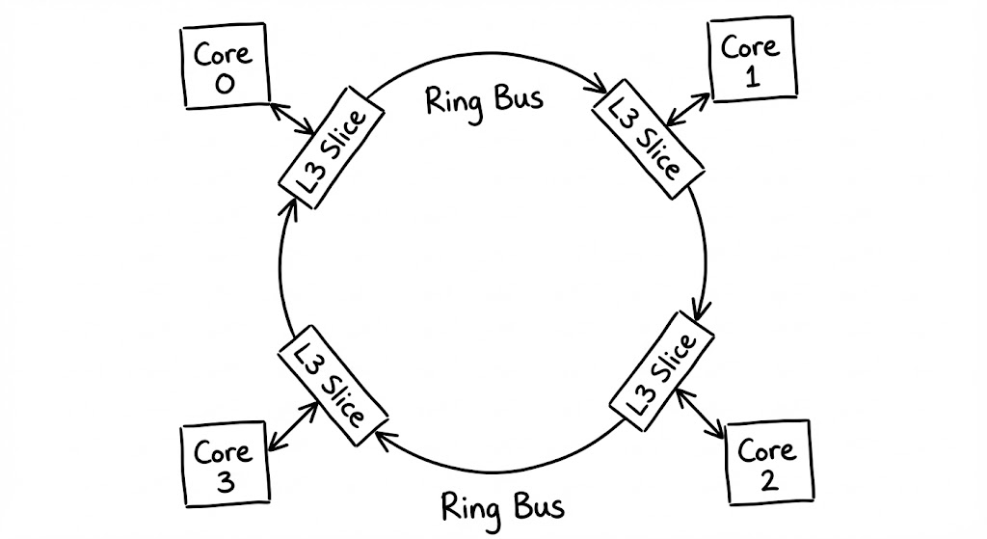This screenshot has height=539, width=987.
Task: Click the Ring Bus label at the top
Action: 484,98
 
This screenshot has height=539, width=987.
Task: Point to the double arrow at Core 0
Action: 288,118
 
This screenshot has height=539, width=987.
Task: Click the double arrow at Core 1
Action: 688,106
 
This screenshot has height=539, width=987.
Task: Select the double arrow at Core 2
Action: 703,415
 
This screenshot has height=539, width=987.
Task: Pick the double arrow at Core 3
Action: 292,426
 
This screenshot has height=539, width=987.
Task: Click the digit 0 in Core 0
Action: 224,85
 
